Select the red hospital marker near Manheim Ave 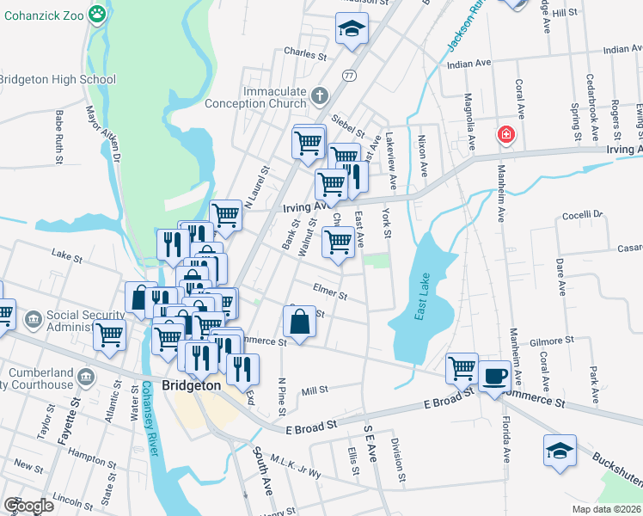(x=506, y=135)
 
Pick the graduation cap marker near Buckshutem (x=559, y=450)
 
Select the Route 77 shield (x=348, y=75)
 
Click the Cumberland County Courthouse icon (x=84, y=377)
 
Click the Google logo (x=28, y=505)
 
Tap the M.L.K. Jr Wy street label (x=297, y=467)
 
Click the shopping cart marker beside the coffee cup (x=462, y=368)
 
